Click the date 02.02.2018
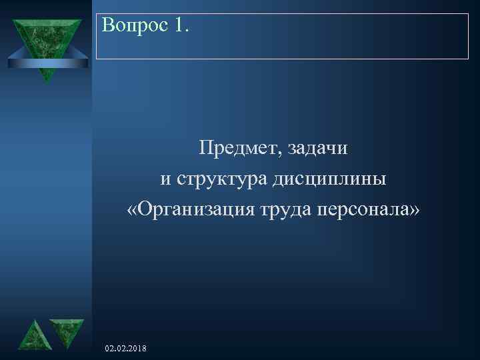(127, 349)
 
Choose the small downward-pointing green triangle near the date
(67, 331)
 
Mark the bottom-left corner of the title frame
(97, 59)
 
